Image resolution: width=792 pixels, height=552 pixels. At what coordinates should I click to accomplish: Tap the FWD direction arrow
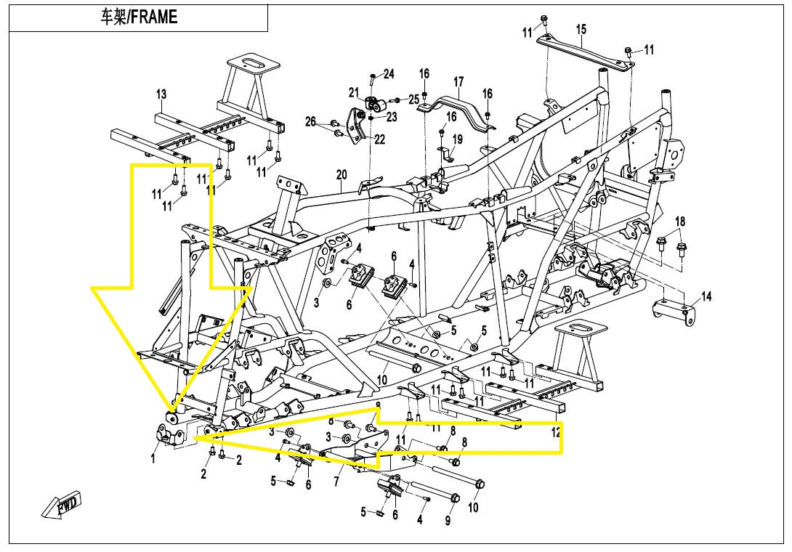pos(64,505)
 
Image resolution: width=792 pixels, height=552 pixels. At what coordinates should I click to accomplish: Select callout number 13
pos(161,94)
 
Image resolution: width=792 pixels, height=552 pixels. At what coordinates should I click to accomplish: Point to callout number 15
pos(581,30)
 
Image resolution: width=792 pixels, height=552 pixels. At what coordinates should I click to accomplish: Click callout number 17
pos(458,81)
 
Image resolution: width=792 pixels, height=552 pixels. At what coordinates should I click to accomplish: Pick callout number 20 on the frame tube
pos(342,175)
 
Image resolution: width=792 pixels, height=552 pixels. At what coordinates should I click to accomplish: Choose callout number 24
pos(389,74)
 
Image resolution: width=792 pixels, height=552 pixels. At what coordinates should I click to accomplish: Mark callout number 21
pos(354,92)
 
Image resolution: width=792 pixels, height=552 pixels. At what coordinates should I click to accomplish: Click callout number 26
pos(311,122)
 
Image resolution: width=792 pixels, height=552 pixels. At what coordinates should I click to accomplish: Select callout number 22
pos(380,139)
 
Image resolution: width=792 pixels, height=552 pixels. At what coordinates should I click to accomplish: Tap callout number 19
pos(457,139)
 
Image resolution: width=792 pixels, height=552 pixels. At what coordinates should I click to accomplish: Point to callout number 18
pos(680,221)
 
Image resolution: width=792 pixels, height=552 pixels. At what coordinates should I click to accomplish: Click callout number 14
pos(706,296)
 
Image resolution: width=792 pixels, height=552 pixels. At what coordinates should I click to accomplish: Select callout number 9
pos(448,521)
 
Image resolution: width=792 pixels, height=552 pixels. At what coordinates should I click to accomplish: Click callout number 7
pos(336,482)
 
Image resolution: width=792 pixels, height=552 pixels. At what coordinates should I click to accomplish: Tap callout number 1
pos(153,458)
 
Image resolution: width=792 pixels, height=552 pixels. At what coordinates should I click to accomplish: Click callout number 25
pos(414,99)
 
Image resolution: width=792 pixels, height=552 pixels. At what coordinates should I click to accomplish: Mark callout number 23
pos(392,117)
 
